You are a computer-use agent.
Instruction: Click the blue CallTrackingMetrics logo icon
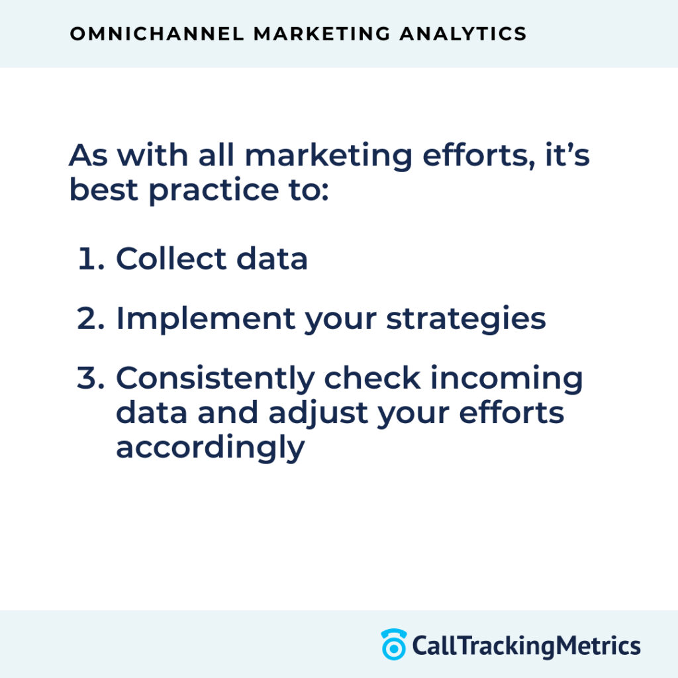393,645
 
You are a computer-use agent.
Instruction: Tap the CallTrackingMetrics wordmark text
526,645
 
